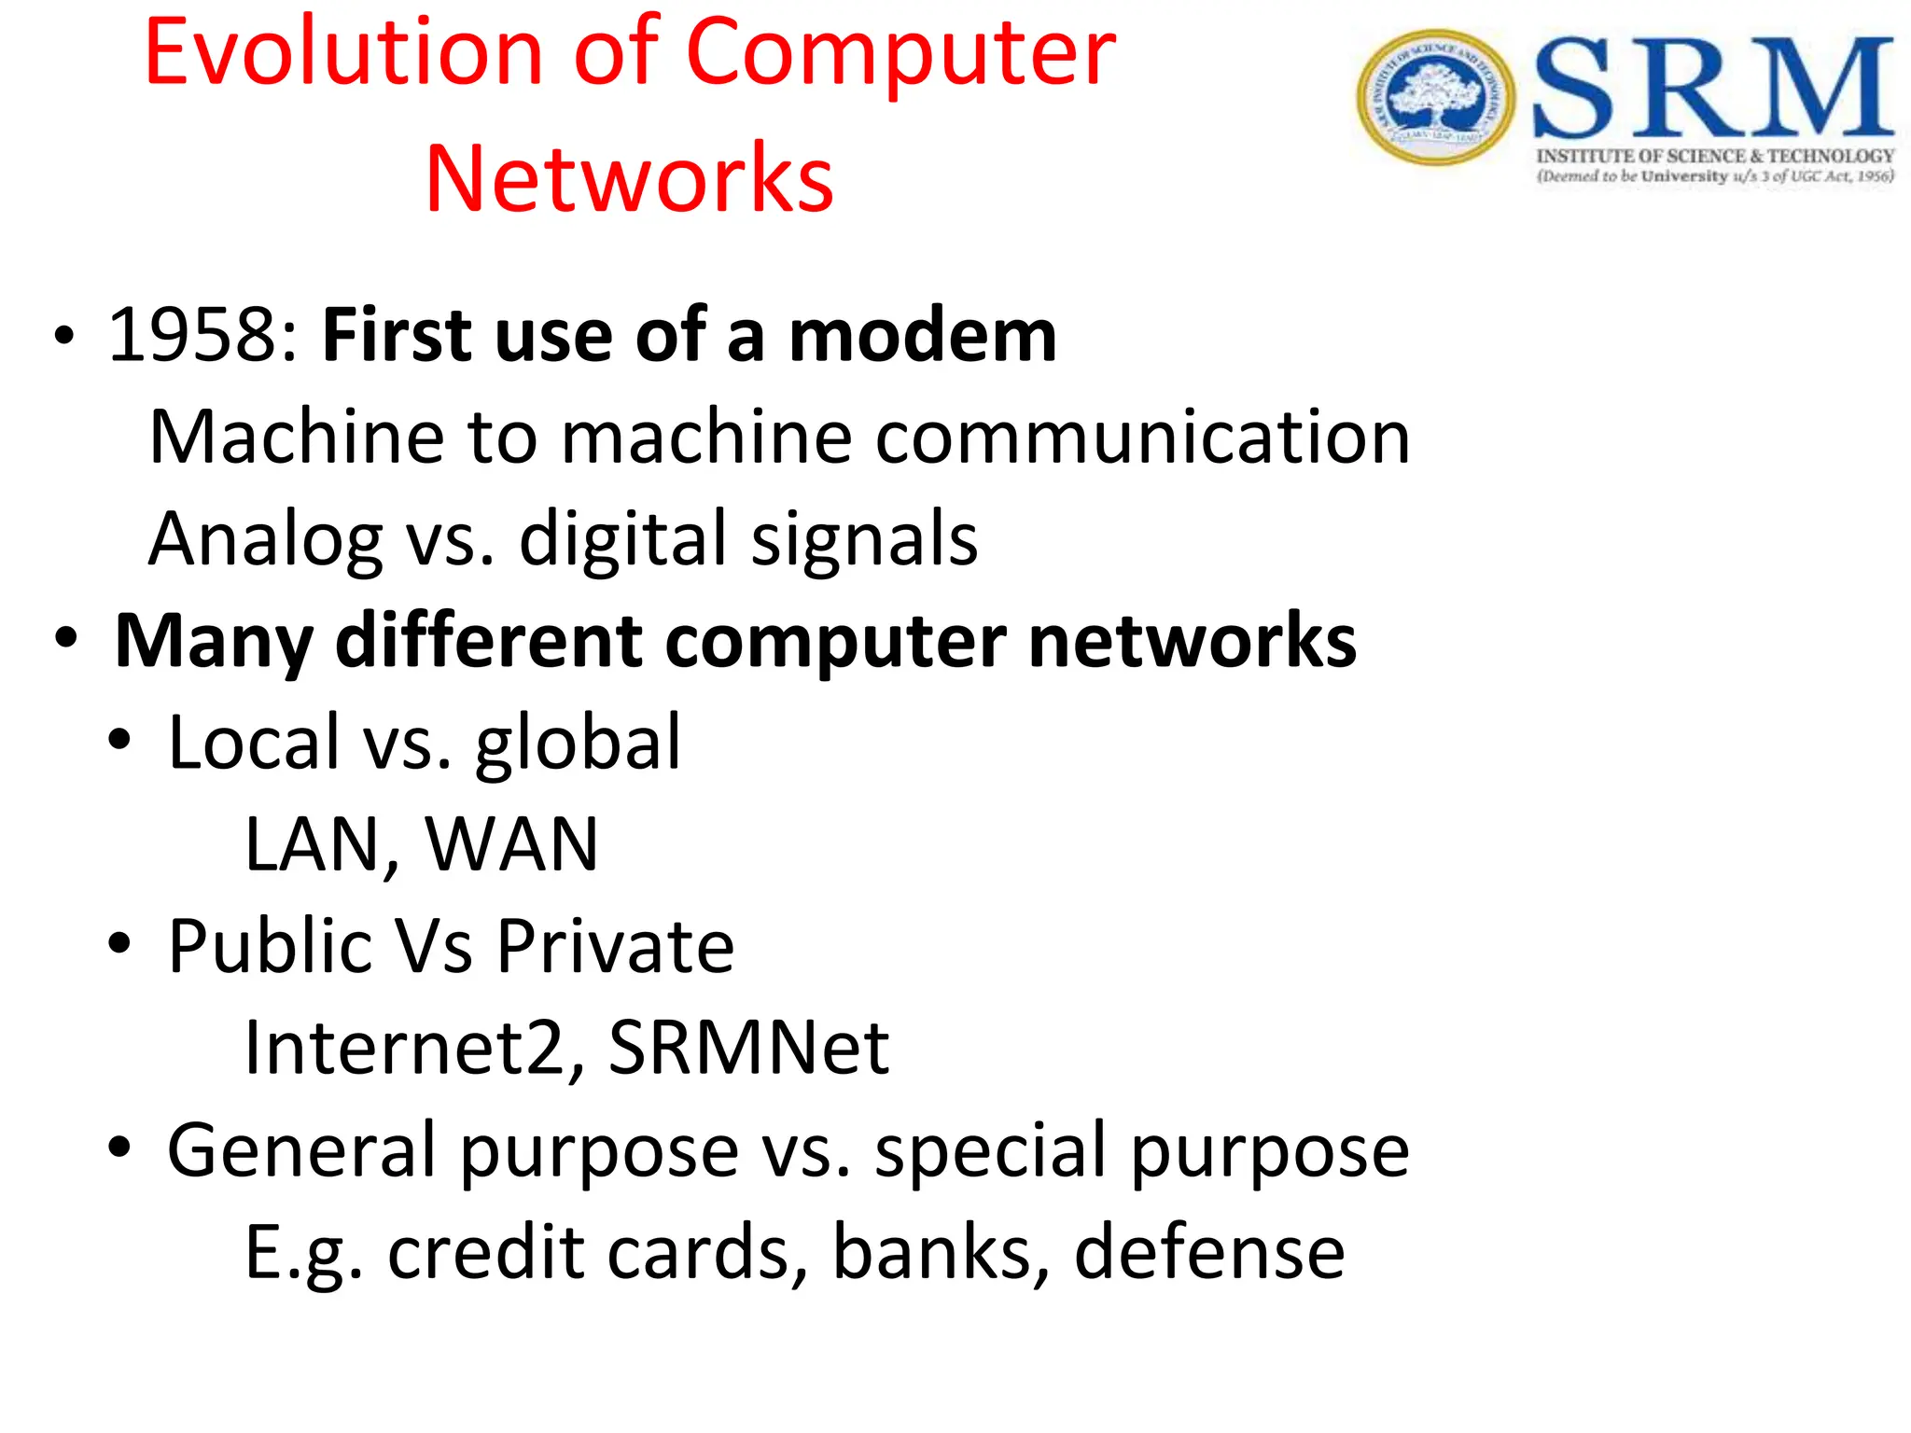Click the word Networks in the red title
point(629,179)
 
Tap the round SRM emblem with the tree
point(1435,97)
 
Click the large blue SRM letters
point(1713,89)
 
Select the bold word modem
point(922,335)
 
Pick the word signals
point(864,539)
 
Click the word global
point(578,743)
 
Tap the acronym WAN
point(511,844)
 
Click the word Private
point(615,946)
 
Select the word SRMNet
point(748,1048)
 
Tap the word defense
point(1209,1251)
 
